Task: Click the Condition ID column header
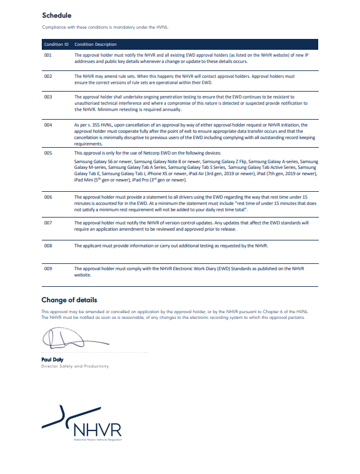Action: (x=56, y=44)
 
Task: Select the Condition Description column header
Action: (x=96, y=44)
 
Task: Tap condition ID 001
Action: (x=48, y=55)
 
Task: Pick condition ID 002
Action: (x=48, y=76)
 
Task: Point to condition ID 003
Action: (x=48, y=97)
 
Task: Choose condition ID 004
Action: (x=48, y=124)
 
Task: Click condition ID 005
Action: (x=48, y=154)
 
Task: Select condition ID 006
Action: (x=48, y=196)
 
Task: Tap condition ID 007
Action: (x=48, y=222)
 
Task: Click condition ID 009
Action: (x=48, y=268)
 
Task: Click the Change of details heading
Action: (x=69, y=300)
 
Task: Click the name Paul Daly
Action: (x=52, y=360)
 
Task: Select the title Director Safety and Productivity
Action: (x=74, y=366)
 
